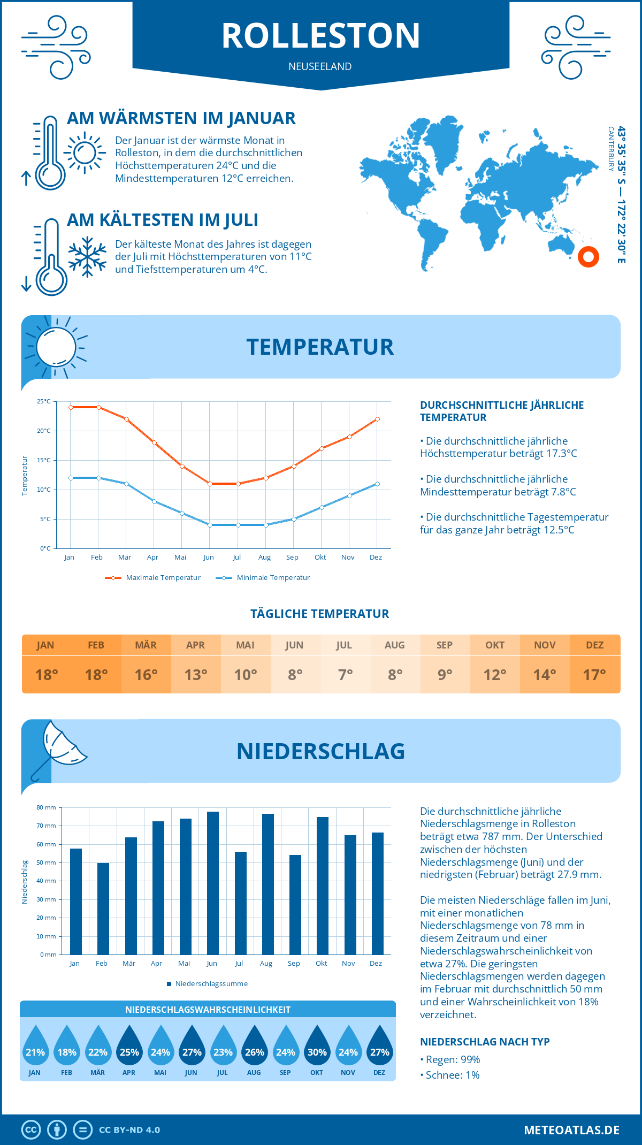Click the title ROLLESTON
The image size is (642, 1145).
pyautogui.click(x=320, y=36)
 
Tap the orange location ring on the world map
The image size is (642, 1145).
pyautogui.click(x=588, y=257)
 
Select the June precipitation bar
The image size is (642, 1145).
pyautogui.click(x=213, y=883)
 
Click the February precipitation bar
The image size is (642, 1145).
pyautogui.click(x=103, y=909)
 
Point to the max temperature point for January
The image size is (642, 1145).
pyautogui.click(x=71, y=407)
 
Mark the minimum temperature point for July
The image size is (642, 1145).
pyautogui.click(x=238, y=525)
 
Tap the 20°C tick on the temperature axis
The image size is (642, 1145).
pyautogui.click(x=44, y=431)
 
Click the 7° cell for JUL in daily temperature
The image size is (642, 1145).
pyautogui.click(x=345, y=674)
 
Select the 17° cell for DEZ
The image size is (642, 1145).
pyautogui.click(x=594, y=674)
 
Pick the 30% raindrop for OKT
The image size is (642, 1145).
pyautogui.click(x=317, y=1047)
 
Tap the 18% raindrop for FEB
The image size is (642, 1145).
pyautogui.click(x=67, y=1047)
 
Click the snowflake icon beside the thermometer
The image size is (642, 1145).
pyautogui.click(x=87, y=257)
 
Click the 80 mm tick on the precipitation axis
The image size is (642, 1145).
pyautogui.click(x=46, y=807)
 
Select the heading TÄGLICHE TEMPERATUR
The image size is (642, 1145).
pyautogui.click(x=320, y=614)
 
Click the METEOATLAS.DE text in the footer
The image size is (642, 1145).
pyautogui.click(x=571, y=1130)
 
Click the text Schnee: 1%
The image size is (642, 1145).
pyautogui.click(x=452, y=1075)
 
